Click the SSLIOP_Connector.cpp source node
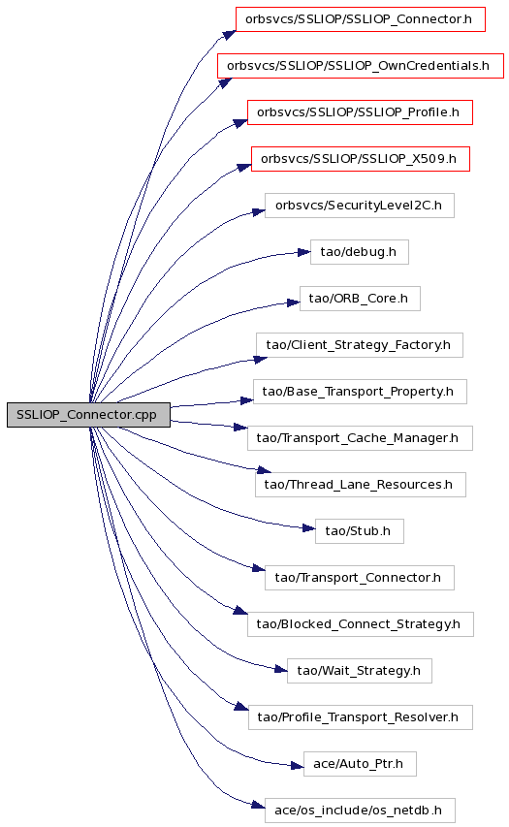[88, 415]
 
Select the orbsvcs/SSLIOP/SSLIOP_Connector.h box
[361, 19]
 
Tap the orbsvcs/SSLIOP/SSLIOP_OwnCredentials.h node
[361, 66]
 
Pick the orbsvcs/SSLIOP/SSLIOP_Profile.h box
[361, 112]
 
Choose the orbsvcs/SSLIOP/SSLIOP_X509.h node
[361, 159]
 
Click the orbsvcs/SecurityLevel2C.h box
[359, 206]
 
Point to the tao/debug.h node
[359, 252]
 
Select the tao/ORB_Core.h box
[360, 299]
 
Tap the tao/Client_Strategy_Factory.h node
[359, 345]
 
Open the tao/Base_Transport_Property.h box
[360, 392]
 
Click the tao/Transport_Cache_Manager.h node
[360, 438]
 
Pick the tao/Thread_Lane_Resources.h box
[361, 485]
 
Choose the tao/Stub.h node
[359, 531]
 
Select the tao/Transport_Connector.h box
[359, 578]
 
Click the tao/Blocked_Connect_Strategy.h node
[361, 624]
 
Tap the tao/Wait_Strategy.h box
[359, 671]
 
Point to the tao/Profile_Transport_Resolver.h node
[361, 717]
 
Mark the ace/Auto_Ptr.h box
[360, 764]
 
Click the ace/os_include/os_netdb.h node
[360, 811]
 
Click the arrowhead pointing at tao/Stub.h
[309, 528]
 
